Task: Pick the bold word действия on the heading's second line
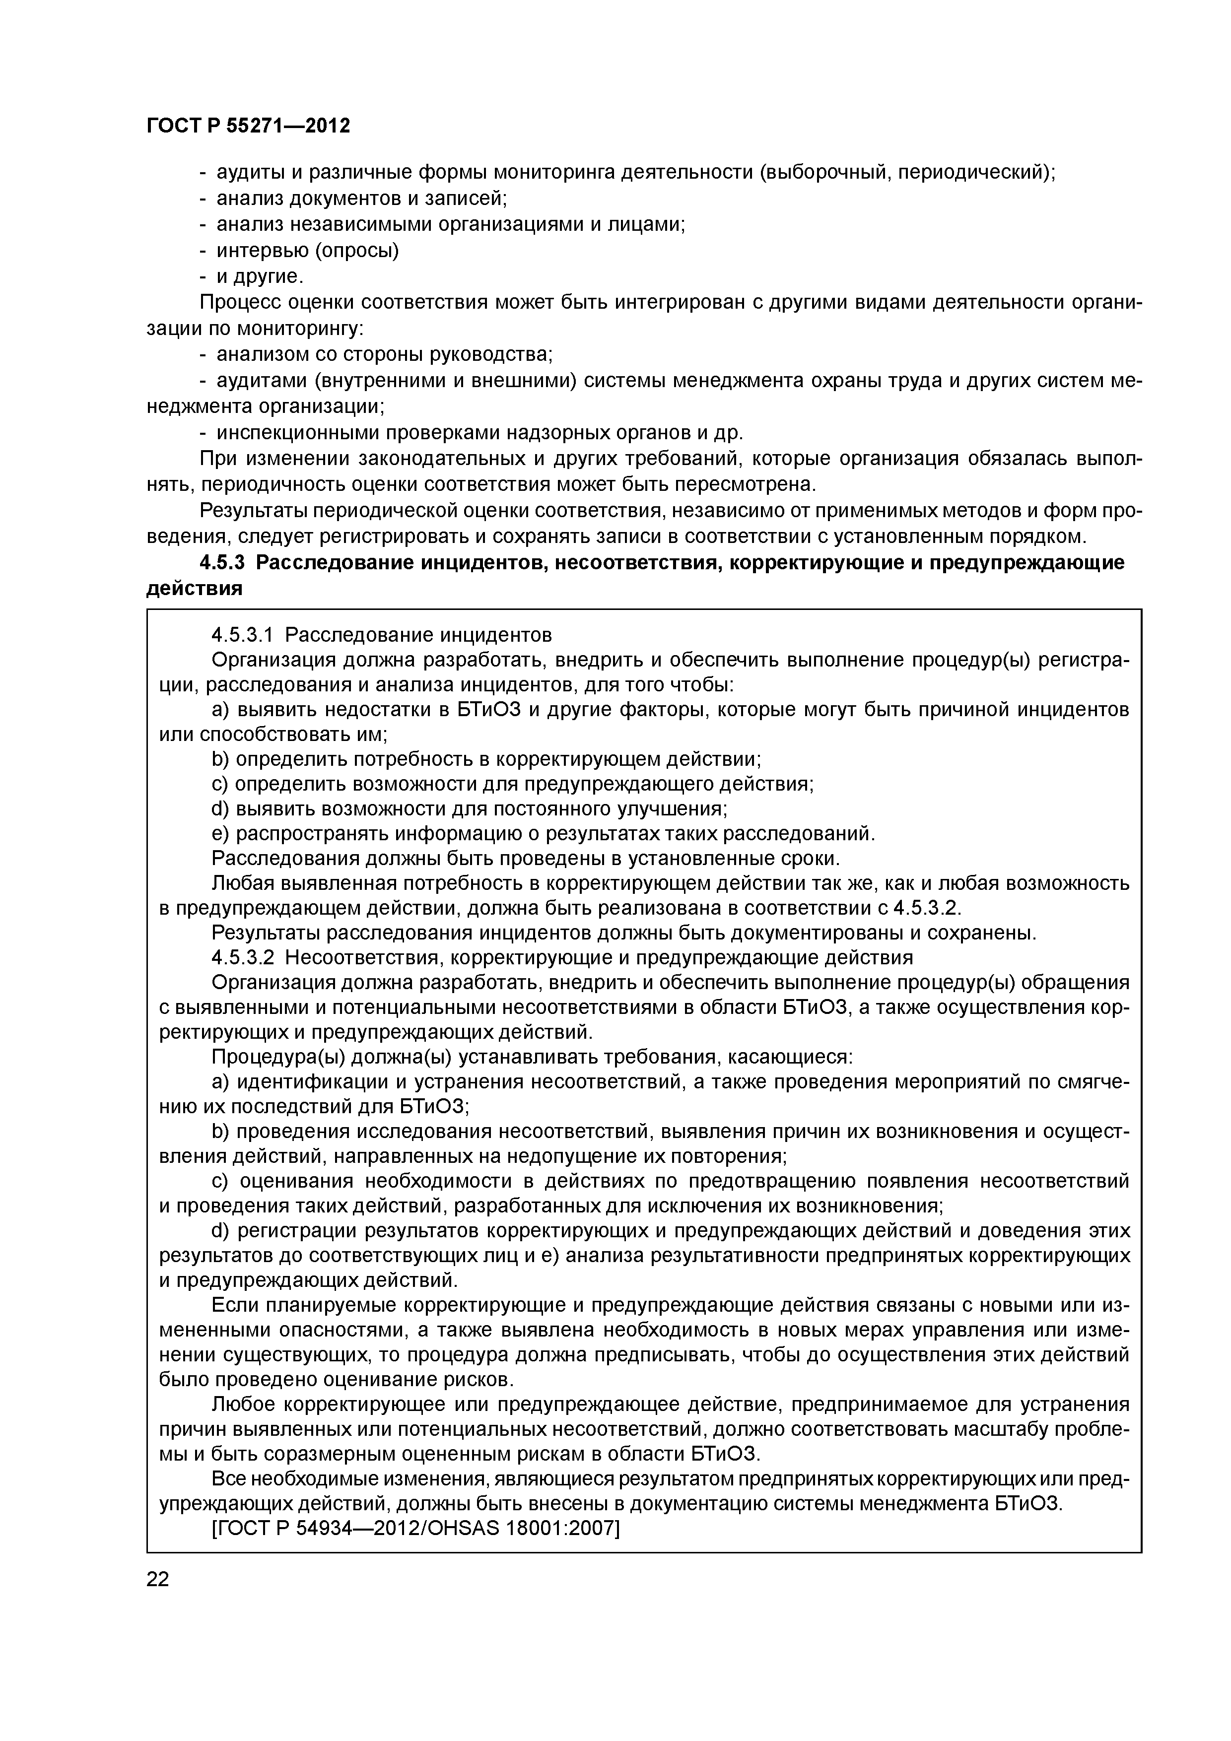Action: (x=194, y=589)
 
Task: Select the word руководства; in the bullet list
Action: (x=491, y=354)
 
